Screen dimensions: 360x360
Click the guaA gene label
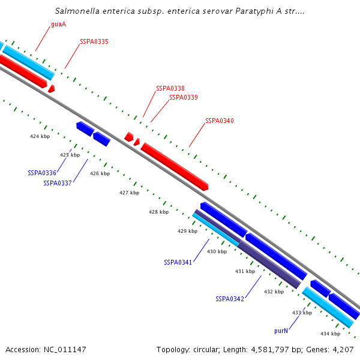pos(58,25)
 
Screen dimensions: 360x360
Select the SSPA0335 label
pos(94,42)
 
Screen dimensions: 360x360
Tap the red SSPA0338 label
pos(170,88)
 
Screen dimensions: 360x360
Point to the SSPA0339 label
pos(184,97)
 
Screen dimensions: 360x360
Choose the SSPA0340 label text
pos(220,121)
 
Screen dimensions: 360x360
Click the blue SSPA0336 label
pos(42,173)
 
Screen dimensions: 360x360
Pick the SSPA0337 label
pos(58,183)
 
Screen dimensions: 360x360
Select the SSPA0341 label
pos(178,262)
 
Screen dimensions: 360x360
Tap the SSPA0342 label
pos(230,299)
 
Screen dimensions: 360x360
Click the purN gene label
pos(281,331)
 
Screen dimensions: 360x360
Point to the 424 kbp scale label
pos(40,136)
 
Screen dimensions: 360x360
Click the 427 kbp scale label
pos(129,193)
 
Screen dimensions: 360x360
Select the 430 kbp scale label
pos(217,251)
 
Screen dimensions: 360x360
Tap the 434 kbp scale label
pos(330,334)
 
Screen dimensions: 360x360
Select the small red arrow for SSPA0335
pos(52,89)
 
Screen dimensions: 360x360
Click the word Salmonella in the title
pos(76,11)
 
